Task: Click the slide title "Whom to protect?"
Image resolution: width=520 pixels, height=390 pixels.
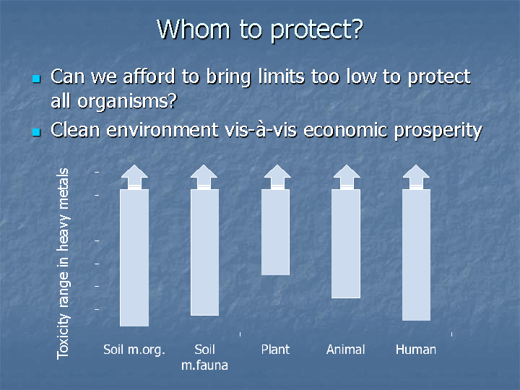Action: tap(260, 30)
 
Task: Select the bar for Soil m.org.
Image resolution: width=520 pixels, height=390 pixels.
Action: tap(134, 258)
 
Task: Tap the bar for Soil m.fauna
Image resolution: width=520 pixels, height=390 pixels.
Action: tap(204, 252)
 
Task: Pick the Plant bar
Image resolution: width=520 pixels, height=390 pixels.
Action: tap(275, 232)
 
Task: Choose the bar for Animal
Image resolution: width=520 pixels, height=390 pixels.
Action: tap(346, 244)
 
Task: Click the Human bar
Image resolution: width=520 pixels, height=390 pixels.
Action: tap(416, 255)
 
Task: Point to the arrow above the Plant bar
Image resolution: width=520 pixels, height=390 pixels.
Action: tap(277, 177)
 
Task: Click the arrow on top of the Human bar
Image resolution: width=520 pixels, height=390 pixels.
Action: tap(416, 177)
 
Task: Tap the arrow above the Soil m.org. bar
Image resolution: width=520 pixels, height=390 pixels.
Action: tap(134, 177)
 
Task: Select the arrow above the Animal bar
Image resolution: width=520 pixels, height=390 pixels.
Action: tap(347, 177)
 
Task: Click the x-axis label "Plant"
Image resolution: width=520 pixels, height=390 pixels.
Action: tap(275, 350)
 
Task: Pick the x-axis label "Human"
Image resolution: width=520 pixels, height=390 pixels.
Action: tap(416, 350)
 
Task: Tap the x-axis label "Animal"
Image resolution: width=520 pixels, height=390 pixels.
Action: tap(345, 350)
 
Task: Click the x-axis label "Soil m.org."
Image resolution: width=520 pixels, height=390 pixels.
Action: tap(134, 350)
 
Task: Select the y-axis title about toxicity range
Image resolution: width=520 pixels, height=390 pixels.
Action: tap(63, 264)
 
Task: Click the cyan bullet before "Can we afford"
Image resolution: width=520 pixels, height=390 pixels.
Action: tap(37, 79)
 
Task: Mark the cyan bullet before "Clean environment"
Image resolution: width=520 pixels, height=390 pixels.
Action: tap(37, 132)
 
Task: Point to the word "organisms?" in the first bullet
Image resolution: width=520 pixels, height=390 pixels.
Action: tap(127, 101)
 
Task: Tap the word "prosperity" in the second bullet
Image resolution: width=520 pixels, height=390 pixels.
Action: tap(438, 131)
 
